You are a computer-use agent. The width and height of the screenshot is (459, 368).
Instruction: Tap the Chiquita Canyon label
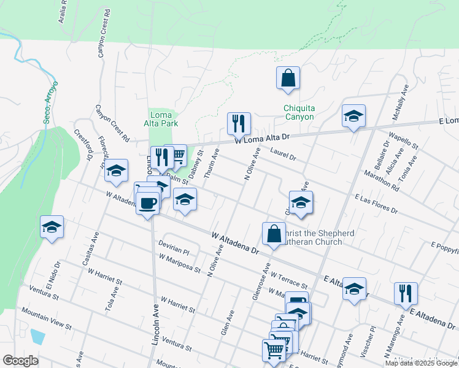[299, 113]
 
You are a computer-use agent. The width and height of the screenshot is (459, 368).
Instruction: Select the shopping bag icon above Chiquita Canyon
[288, 79]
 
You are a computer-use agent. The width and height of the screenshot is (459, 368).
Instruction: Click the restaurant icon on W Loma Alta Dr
[239, 123]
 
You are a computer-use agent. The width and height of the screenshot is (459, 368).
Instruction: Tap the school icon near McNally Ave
[353, 117]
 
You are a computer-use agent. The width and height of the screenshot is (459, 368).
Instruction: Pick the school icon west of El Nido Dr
[52, 227]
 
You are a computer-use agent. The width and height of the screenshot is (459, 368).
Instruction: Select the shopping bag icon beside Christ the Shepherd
[274, 234]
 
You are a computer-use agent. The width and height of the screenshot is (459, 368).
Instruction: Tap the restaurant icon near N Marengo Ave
[406, 293]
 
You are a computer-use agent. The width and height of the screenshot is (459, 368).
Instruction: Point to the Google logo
[20, 361]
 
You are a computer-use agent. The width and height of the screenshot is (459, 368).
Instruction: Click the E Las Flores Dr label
[376, 204]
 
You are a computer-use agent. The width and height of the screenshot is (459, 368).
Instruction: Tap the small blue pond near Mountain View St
[37, 336]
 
